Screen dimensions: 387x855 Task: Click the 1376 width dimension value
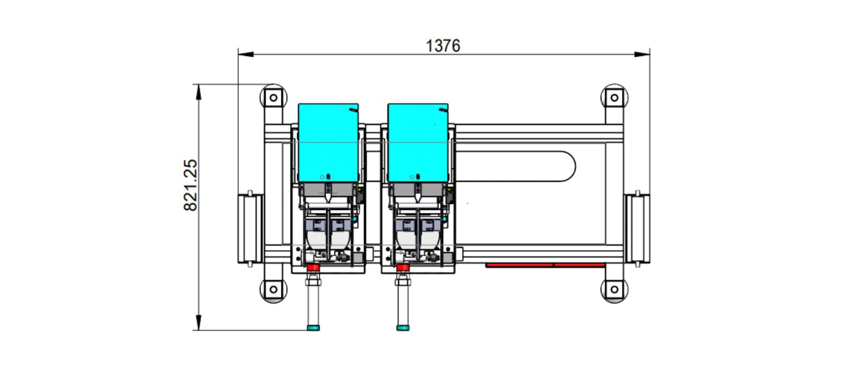pos(443,46)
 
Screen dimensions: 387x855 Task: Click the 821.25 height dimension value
pos(190,185)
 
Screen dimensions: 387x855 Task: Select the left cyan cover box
pos(328,143)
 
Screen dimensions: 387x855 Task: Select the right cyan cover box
pos(418,143)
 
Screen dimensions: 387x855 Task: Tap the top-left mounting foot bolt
pos(273,97)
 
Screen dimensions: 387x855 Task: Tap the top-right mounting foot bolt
pos(614,97)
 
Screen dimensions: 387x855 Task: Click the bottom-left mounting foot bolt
pos(273,290)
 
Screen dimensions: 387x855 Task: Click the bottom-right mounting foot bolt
pos(614,290)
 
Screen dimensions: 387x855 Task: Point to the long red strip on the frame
pos(545,265)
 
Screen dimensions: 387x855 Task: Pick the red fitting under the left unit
pos(313,267)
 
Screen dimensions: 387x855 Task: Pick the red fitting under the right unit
pos(403,267)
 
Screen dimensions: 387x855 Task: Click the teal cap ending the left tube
pos(313,327)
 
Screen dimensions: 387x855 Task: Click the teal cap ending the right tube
pos(403,327)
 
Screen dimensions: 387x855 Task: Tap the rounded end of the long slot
pos(567,166)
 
